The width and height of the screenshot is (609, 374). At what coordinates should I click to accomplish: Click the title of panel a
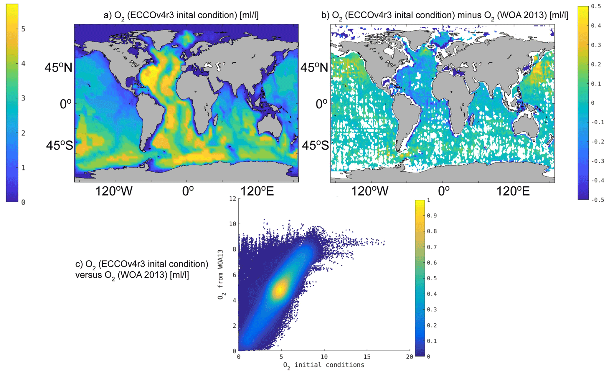181,15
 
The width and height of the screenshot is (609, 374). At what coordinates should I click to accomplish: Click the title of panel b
445,15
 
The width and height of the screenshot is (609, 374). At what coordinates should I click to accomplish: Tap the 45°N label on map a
58,68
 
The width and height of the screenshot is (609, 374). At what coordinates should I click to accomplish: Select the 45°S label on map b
315,145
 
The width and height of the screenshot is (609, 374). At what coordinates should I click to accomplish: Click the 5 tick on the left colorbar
23,29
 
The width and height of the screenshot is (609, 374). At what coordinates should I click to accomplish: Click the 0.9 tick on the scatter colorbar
432,216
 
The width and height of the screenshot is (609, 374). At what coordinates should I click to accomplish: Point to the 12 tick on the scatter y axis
233,199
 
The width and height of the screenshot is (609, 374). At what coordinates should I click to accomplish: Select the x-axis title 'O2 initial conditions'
324,365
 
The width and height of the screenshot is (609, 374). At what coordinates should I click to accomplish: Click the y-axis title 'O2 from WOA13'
220,274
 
